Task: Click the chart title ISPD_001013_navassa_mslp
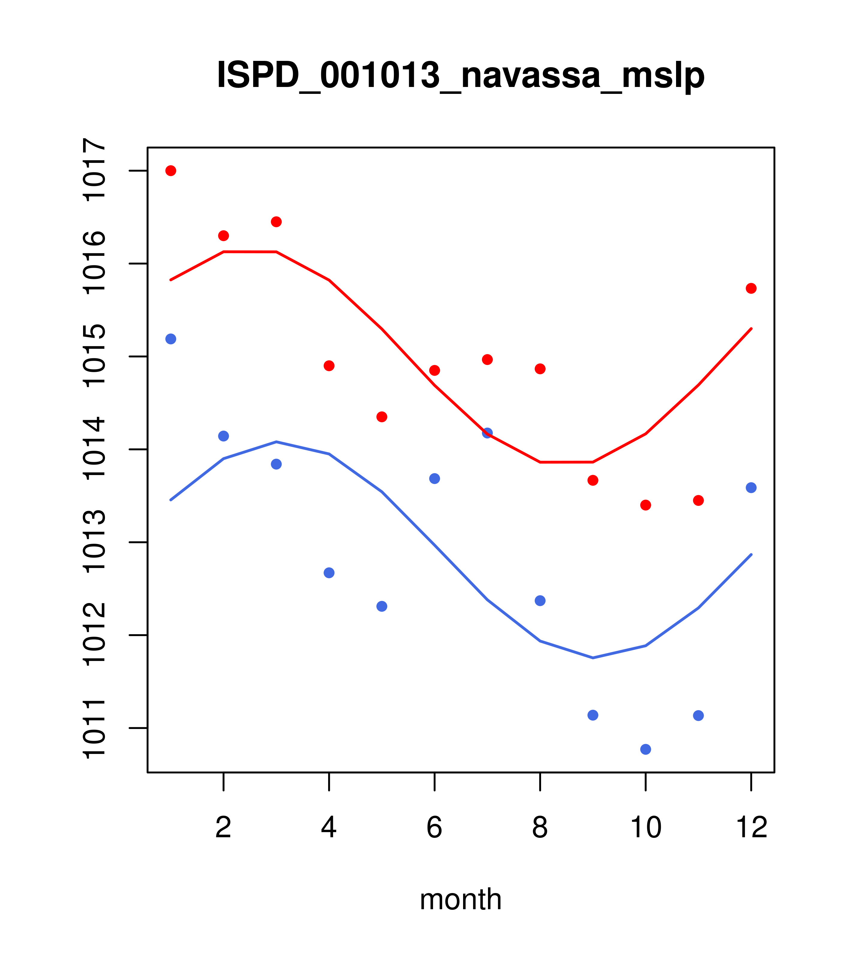460,75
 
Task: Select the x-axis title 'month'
460,899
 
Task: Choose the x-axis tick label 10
645,827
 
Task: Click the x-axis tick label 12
751,827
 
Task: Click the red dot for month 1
171,171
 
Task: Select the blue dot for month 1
171,339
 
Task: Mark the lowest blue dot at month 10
645,749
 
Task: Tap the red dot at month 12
751,288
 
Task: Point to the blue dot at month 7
487,433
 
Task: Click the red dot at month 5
382,417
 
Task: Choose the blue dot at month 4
329,573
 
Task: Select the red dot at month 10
645,505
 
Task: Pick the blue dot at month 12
751,488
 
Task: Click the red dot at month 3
277,222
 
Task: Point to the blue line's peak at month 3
277,441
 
